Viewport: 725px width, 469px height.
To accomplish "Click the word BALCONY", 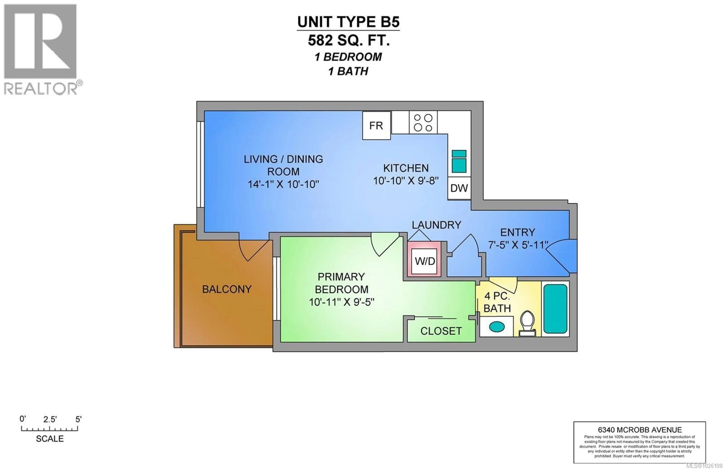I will (227, 289).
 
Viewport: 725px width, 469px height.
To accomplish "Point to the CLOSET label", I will (441, 331).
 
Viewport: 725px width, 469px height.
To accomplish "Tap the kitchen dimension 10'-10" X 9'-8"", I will (406, 181).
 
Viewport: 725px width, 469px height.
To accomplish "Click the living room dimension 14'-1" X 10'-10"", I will (283, 184).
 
